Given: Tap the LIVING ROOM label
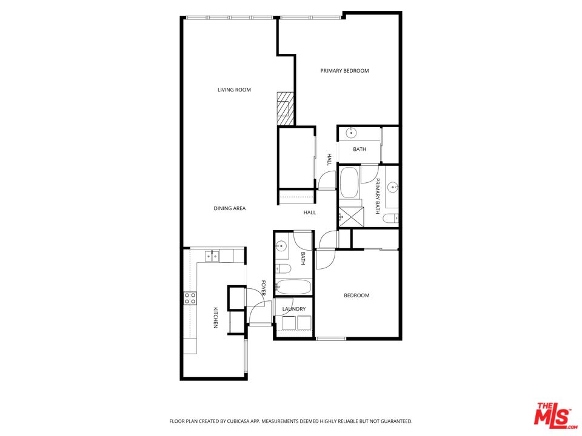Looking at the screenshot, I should coord(234,90).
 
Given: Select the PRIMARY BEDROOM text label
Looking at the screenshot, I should coord(344,71).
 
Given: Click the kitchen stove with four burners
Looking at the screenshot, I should coord(190,298).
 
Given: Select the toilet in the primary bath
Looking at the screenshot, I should coord(393,217).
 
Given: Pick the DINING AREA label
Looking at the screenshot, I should coord(229,209).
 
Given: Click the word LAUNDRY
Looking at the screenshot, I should coord(293,309).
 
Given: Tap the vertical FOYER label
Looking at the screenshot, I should coord(263,288).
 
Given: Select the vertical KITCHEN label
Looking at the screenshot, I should coord(215,318).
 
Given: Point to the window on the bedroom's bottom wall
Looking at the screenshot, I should coord(331,338).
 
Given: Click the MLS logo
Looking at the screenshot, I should coord(552,415).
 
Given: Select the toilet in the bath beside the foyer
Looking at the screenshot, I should coord(283,268).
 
